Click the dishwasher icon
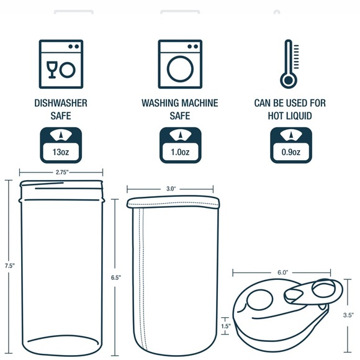click(x=60, y=62)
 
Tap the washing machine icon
click(x=180, y=62)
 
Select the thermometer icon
click(x=287, y=65)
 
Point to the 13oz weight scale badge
click(x=60, y=145)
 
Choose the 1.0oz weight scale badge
click(x=180, y=145)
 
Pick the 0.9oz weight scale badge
click(x=287, y=145)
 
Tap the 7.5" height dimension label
click(x=8, y=265)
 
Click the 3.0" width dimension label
click(x=171, y=187)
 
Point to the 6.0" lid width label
click(x=283, y=272)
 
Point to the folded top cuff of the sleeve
click(x=173, y=203)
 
